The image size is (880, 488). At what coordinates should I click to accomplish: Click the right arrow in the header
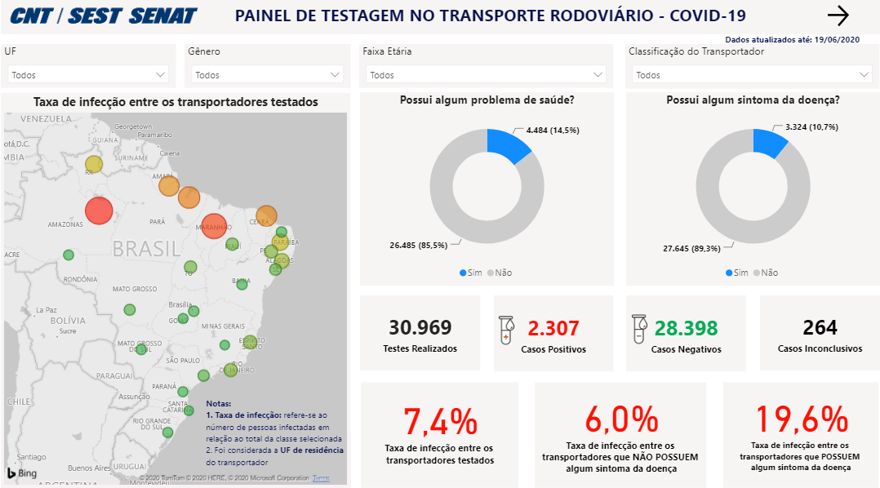[x=838, y=16]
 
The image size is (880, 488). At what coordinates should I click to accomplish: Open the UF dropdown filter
[x=88, y=74]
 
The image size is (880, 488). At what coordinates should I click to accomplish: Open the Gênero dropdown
[x=267, y=74]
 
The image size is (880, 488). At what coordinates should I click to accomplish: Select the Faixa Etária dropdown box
[x=483, y=74]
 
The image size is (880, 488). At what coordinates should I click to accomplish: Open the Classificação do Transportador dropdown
[x=750, y=74]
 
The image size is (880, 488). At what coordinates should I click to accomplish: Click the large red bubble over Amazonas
[x=99, y=211]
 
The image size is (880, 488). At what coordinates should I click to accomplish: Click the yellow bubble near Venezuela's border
[x=94, y=164]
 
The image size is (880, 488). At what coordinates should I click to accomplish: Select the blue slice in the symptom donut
[x=769, y=144]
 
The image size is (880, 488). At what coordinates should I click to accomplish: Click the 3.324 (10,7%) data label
[x=811, y=127]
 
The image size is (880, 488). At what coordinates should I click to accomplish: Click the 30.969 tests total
[x=420, y=328]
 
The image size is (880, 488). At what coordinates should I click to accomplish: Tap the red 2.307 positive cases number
[x=553, y=328]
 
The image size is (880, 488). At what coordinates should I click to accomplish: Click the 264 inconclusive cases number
[x=820, y=328]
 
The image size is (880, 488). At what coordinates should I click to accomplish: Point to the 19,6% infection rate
[x=800, y=419]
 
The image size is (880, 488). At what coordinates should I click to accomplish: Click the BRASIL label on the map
[x=146, y=248]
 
